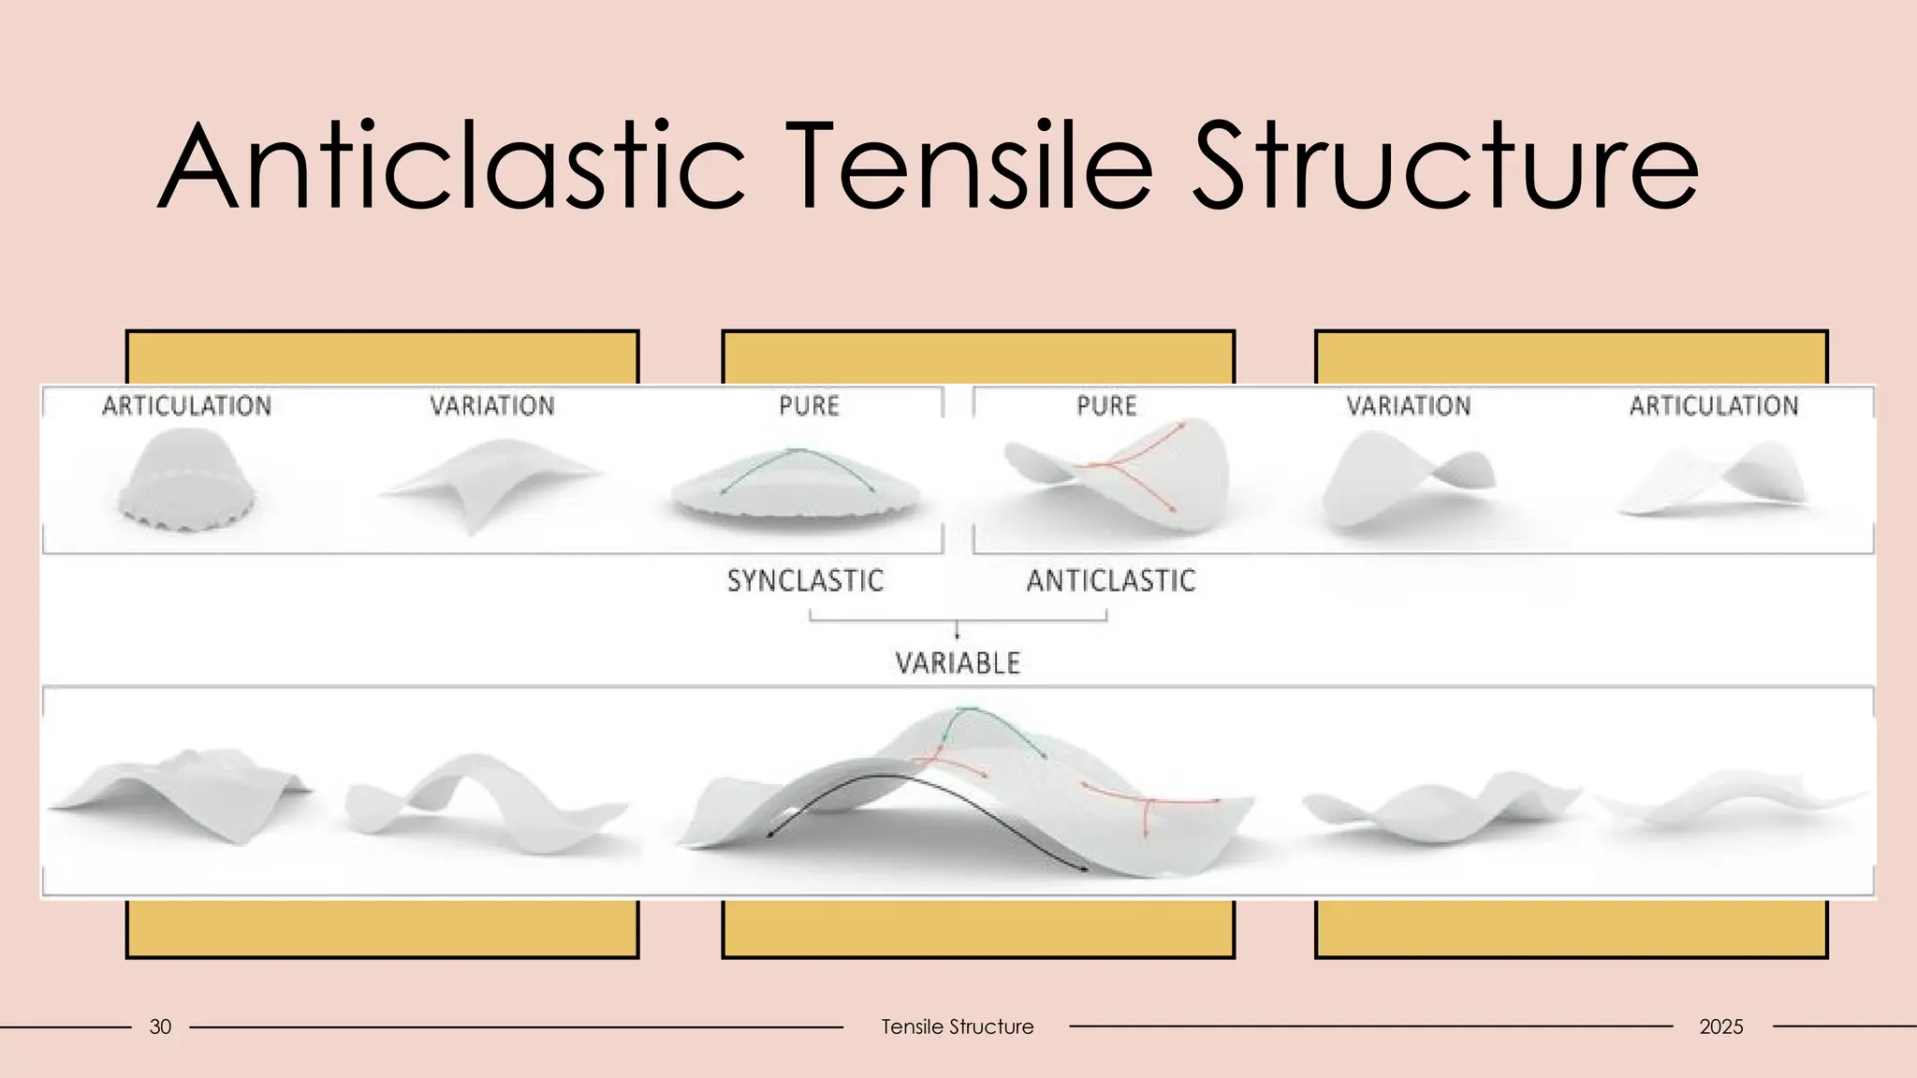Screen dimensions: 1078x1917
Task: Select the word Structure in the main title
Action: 1446,166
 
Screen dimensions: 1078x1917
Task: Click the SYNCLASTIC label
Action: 805,580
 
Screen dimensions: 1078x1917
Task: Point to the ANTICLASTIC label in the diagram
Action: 1111,580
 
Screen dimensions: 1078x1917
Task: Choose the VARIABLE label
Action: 958,663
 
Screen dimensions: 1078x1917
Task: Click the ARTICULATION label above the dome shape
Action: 187,405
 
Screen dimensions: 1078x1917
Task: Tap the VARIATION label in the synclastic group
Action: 492,405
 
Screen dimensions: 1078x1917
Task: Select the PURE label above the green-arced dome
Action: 810,405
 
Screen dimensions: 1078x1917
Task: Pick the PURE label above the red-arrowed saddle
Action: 1106,405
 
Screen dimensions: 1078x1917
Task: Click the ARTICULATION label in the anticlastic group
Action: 1714,405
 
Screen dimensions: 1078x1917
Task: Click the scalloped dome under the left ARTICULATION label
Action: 187,482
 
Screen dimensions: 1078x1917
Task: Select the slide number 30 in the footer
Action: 160,1027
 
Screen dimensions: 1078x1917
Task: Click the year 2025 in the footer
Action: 1720,1027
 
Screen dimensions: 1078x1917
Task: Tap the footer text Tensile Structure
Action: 957,1027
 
